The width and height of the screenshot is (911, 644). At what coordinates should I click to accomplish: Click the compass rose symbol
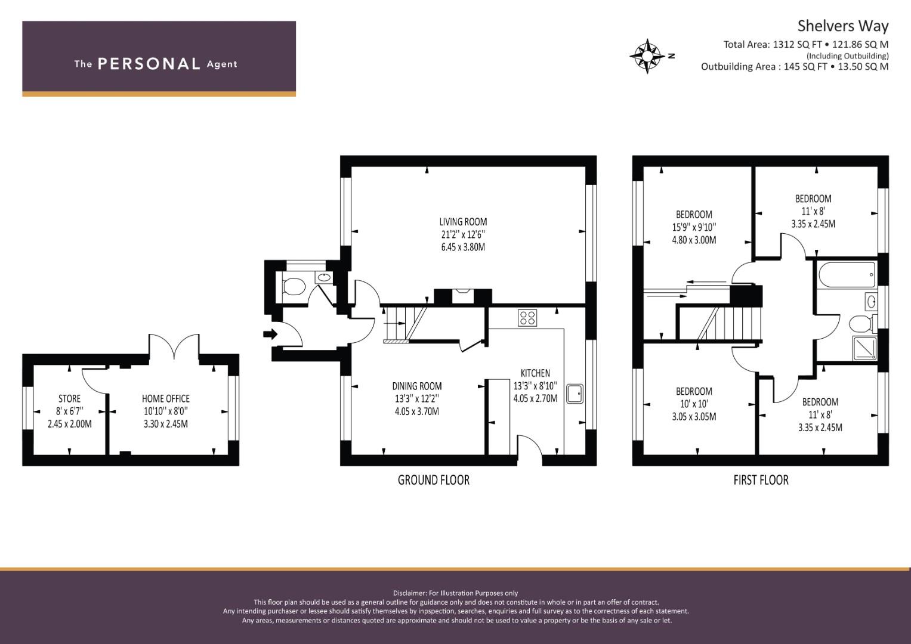click(647, 56)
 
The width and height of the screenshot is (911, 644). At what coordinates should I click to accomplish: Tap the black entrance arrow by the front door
click(270, 335)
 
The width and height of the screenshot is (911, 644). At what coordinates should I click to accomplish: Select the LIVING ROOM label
click(463, 222)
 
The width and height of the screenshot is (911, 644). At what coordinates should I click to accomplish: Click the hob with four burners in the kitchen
click(527, 317)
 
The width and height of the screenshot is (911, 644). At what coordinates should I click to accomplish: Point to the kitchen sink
click(575, 394)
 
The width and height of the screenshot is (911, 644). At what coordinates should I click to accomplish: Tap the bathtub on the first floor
click(847, 275)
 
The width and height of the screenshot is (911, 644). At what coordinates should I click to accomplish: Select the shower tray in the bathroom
click(864, 348)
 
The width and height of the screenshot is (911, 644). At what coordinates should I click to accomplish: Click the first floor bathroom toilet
click(862, 324)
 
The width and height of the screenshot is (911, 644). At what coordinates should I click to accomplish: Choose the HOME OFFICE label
click(165, 398)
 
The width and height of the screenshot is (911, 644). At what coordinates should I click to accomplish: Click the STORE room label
click(70, 398)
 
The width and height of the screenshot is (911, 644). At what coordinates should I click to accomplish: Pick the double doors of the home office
click(174, 346)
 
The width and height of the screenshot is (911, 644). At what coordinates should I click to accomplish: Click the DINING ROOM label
click(417, 386)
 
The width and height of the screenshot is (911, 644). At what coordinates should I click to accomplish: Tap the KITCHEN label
click(535, 373)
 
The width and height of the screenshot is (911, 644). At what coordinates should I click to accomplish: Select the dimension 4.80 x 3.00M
click(694, 240)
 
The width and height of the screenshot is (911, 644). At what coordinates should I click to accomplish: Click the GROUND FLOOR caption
click(434, 480)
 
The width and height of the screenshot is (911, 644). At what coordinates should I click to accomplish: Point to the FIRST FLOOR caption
click(761, 480)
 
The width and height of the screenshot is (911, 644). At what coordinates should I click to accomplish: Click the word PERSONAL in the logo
click(149, 64)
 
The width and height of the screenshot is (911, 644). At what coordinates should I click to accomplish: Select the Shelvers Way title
click(842, 26)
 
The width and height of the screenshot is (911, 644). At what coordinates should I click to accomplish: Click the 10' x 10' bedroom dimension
click(694, 404)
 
